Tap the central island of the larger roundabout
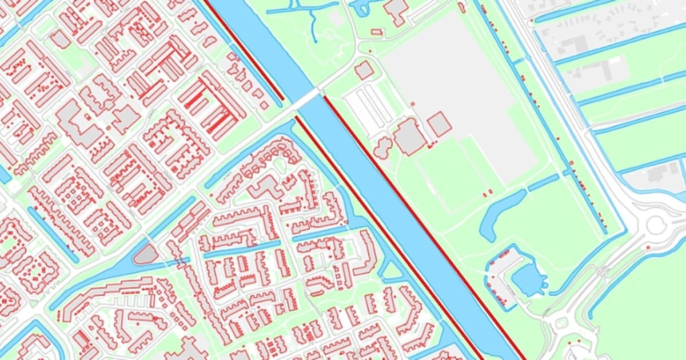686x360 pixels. [656, 225]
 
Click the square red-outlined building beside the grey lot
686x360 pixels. [439, 124]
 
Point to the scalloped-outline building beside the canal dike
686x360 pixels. [382, 147]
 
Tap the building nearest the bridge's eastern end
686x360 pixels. [364, 70]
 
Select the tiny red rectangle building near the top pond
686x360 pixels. [376, 32]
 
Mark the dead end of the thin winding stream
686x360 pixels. [315, 41]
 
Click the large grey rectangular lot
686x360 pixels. [457, 86]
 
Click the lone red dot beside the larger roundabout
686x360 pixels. [648, 247]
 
